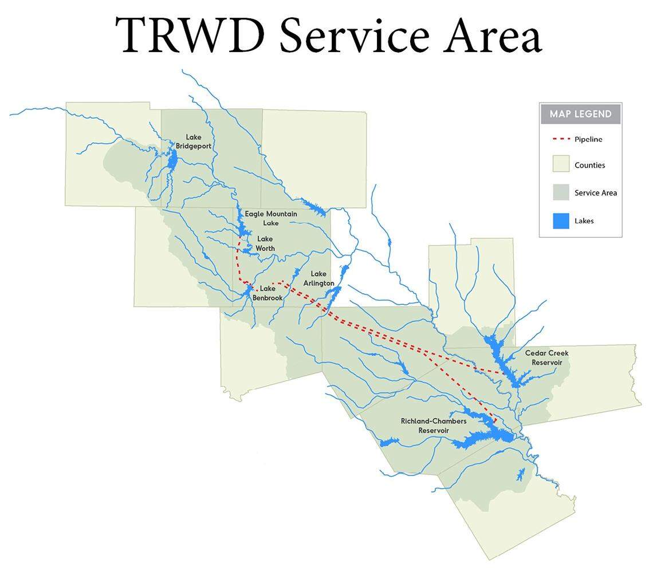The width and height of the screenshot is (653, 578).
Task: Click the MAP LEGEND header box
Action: click(x=580, y=114)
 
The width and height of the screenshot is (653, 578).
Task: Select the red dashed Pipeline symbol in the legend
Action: click(x=561, y=139)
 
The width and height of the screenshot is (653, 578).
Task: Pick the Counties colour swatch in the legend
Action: click(x=561, y=164)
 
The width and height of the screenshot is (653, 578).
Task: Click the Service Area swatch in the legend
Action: click(x=561, y=192)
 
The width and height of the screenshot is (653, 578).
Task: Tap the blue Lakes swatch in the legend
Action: click(x=561, y=221)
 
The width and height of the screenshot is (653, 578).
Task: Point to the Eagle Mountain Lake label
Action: click(x=271, y=218)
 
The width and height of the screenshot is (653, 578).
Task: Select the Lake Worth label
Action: click(x=265, y=243)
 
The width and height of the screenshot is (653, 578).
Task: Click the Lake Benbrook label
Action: click(x=268, y=293)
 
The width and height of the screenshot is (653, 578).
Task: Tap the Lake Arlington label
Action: click(x=318, y=279)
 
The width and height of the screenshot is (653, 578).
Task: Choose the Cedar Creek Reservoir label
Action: click(x=546, y=358)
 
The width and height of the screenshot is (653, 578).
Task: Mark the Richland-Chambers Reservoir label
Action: click(x=434, y=426)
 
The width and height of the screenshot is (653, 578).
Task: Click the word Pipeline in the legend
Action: click(x=588, y=139)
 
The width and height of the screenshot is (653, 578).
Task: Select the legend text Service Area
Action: click(x=596, y=192)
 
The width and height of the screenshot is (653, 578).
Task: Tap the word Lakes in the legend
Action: click(x=584, y=221)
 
